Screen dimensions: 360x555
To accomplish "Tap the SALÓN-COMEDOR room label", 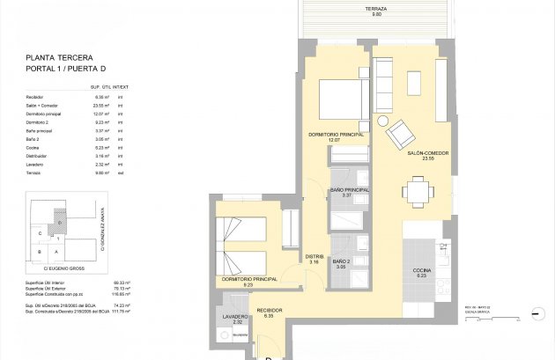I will pos(428,152).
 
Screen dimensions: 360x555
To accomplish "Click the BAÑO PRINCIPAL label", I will pos(349,189).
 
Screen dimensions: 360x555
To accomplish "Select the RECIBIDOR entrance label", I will pos(270,310).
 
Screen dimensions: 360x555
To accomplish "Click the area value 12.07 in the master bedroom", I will pos(334,141).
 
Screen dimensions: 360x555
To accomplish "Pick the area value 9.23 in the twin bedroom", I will pos(248,284).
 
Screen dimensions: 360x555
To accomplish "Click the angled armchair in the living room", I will pos(401,134).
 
